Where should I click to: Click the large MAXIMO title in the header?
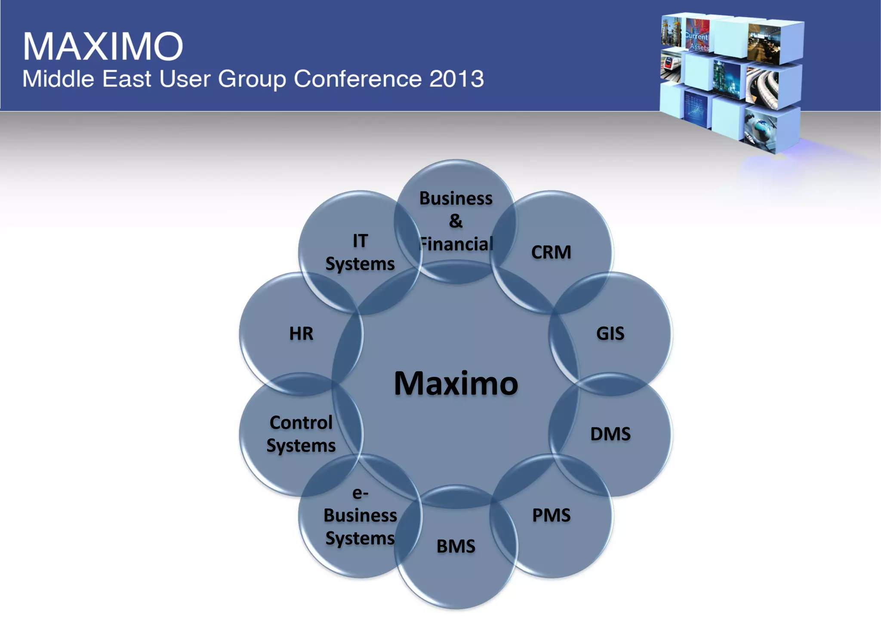point(103,46)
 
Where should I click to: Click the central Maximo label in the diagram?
point(456,383)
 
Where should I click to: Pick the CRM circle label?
point(551,252)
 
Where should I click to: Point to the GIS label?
point(610,333)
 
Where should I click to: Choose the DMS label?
point(610,434)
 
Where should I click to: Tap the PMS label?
point(551,515)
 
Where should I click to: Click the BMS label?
point(456,546)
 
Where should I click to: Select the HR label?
point(301,333)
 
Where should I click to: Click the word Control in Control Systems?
point(301,423)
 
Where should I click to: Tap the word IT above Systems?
point(360,241)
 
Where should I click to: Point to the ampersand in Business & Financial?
point(456,221)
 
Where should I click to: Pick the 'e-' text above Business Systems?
point(360,493)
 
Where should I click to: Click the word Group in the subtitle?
point(252,79)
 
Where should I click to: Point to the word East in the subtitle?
point(127,79)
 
